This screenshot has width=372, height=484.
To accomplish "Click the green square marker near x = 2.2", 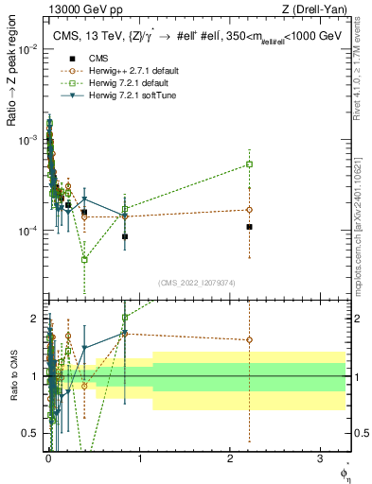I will click(249, 164).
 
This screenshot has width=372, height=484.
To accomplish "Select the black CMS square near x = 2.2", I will click(249, 227).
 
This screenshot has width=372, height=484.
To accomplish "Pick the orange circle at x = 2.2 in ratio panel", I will click(249, 339).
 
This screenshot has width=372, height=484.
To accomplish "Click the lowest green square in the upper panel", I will click(84, 259).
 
